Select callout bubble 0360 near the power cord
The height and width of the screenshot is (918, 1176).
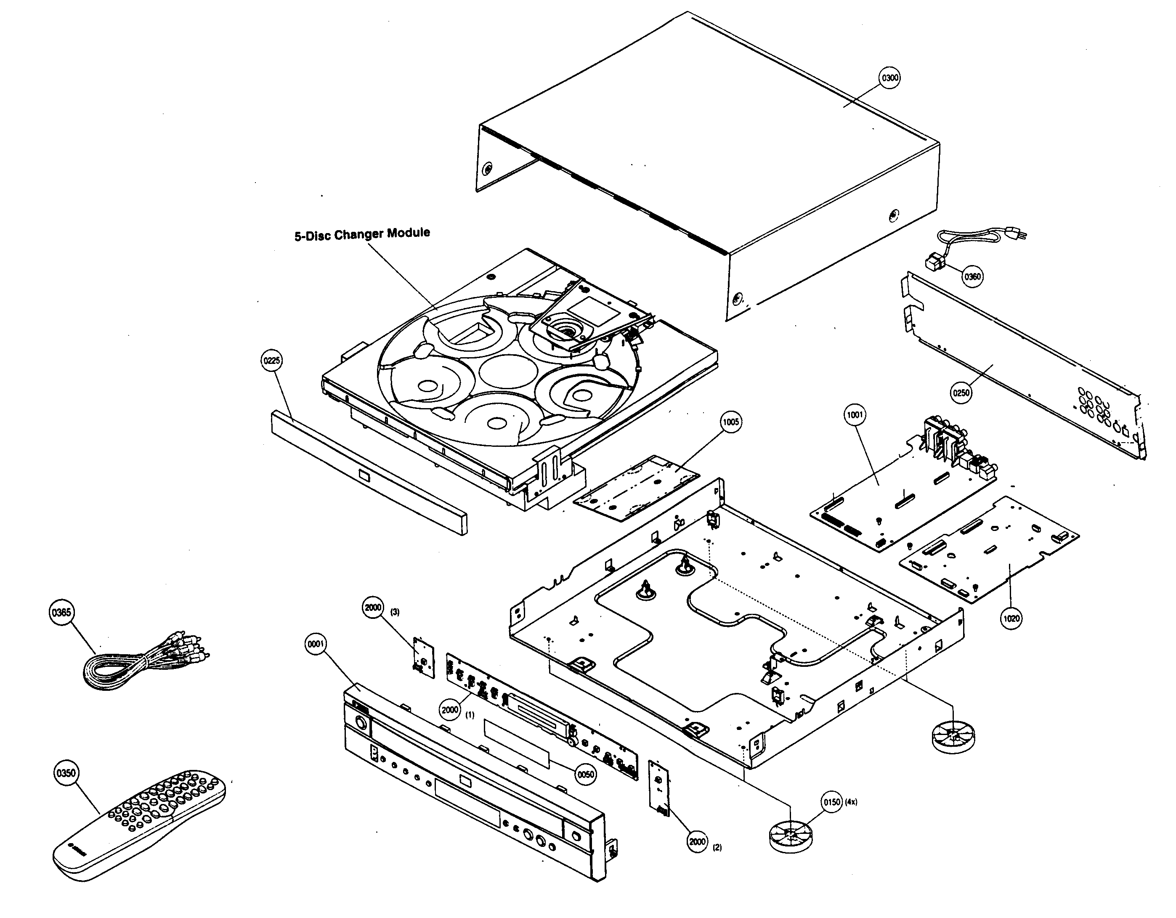coord(972,277)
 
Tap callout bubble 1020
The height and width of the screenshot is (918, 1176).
coord(1011,618)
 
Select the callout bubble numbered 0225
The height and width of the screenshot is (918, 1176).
coord(271,361)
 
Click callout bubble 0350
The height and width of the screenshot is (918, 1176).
coord(66,773)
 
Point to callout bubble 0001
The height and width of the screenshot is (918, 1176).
coord(316,644)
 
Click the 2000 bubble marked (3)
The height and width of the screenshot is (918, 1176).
coord(373,608)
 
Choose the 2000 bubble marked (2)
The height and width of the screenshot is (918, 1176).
coord(697,841)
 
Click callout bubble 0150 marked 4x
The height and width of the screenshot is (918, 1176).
coord(831,802)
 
